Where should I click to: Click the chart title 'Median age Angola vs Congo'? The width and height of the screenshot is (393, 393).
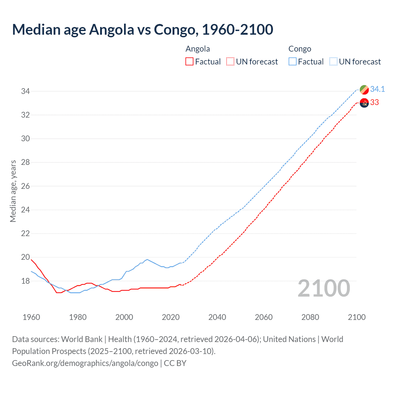pos(142,29)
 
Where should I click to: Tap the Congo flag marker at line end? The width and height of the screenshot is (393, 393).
pos(364,90)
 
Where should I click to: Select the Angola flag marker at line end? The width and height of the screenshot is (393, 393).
pos(364,103)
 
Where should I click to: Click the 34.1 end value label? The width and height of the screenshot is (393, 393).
pos(377,89)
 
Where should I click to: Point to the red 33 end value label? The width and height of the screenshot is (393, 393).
pos(374,103)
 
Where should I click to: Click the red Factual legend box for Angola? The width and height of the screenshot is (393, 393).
pos(189,62)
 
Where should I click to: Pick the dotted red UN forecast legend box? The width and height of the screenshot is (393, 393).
pos(230,62)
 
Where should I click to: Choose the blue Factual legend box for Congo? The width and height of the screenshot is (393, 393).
pos(293,62)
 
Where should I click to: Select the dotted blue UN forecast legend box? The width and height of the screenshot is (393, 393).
pos(333,62)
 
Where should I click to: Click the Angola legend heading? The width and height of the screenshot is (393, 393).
pos(198,49)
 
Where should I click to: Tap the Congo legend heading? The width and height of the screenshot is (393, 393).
pos(300,49)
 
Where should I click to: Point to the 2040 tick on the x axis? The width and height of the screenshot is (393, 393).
pos(217,317)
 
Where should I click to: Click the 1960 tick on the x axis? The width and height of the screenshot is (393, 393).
pos(31,317)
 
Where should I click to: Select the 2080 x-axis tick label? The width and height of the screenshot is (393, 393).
pos(310,317)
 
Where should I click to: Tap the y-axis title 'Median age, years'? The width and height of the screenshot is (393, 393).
pos(13,191)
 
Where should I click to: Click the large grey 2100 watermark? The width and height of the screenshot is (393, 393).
pos(324,288)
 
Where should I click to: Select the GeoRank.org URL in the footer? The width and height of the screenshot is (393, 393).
pos(85,363)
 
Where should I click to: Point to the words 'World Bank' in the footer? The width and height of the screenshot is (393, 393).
pos(82,339)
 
